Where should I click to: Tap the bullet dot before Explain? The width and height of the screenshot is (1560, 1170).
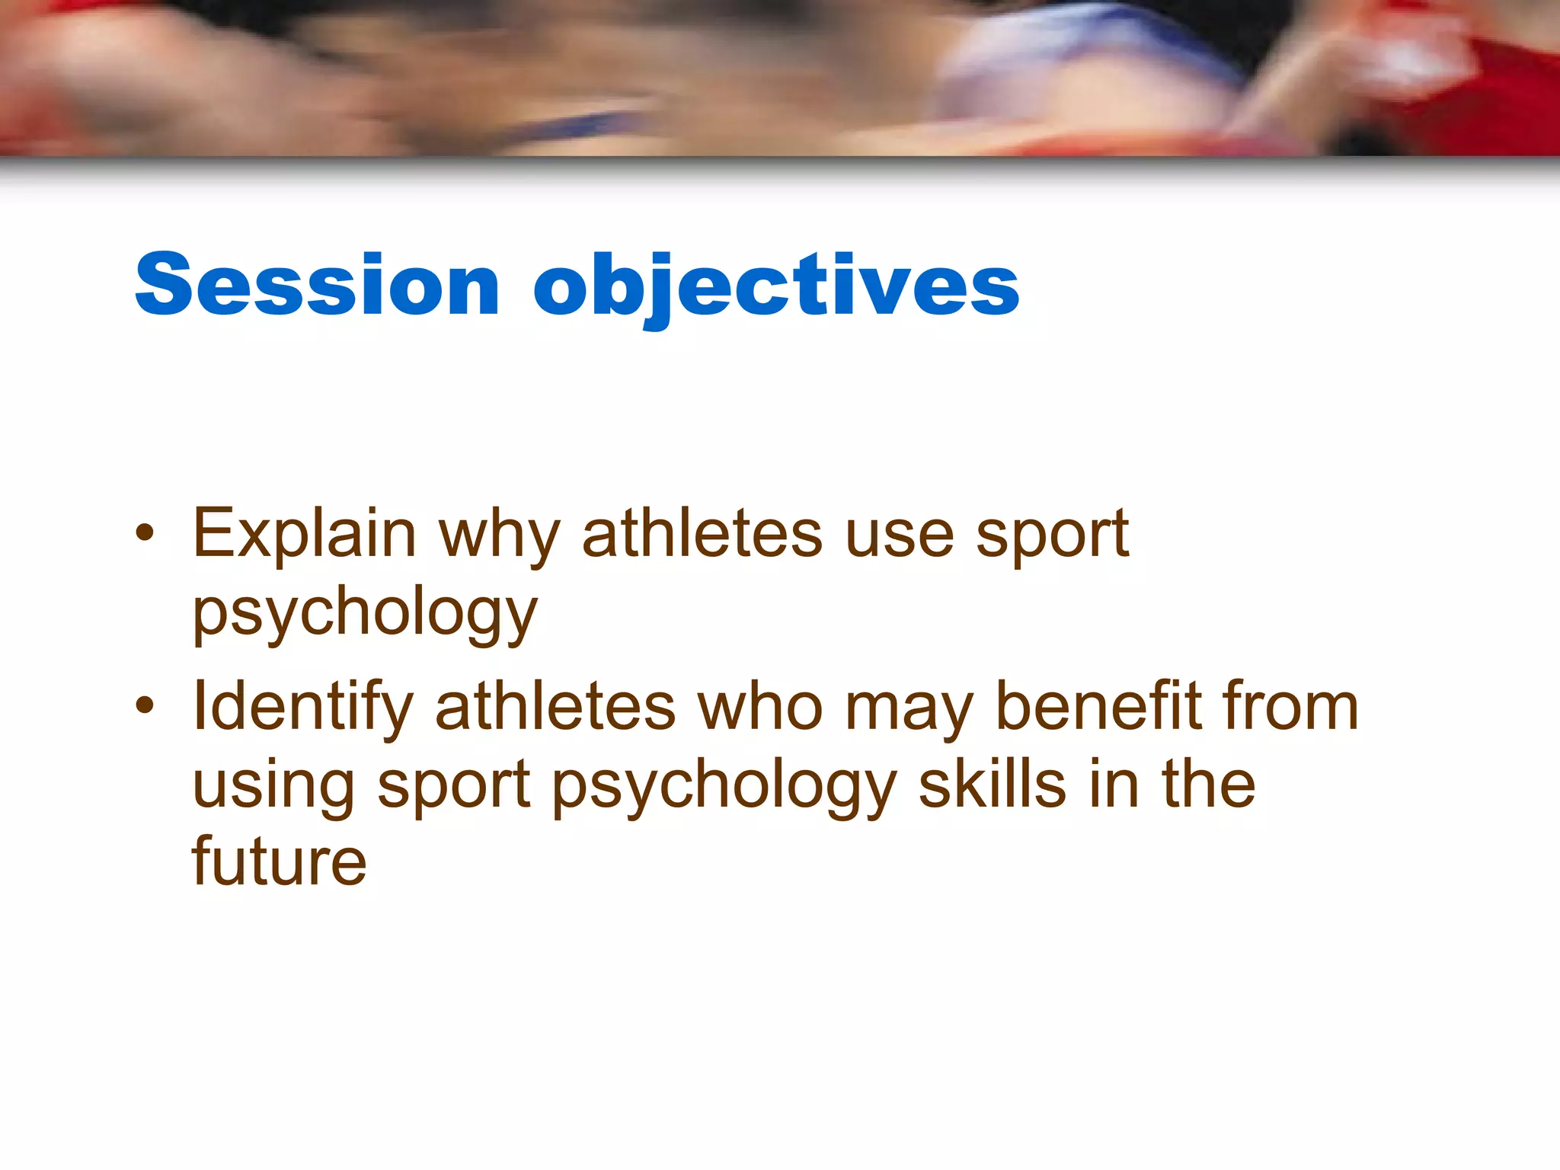(145, 533)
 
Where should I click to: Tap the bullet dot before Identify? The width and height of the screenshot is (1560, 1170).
(145, 706)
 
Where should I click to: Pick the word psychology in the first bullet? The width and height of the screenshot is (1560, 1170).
(365, 614)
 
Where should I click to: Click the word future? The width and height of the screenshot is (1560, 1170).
(279, 862)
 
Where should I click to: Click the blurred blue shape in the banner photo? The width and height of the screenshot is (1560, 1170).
(1082, 46)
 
